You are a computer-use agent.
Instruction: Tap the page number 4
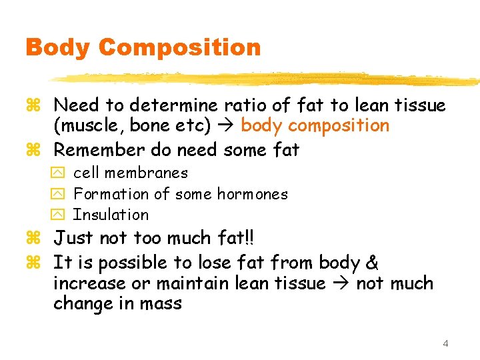(445, 343)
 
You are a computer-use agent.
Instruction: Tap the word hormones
(257, 194)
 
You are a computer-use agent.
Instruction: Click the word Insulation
(111, 215)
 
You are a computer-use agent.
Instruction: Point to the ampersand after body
(371, 262)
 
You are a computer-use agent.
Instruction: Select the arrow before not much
(341, 284)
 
